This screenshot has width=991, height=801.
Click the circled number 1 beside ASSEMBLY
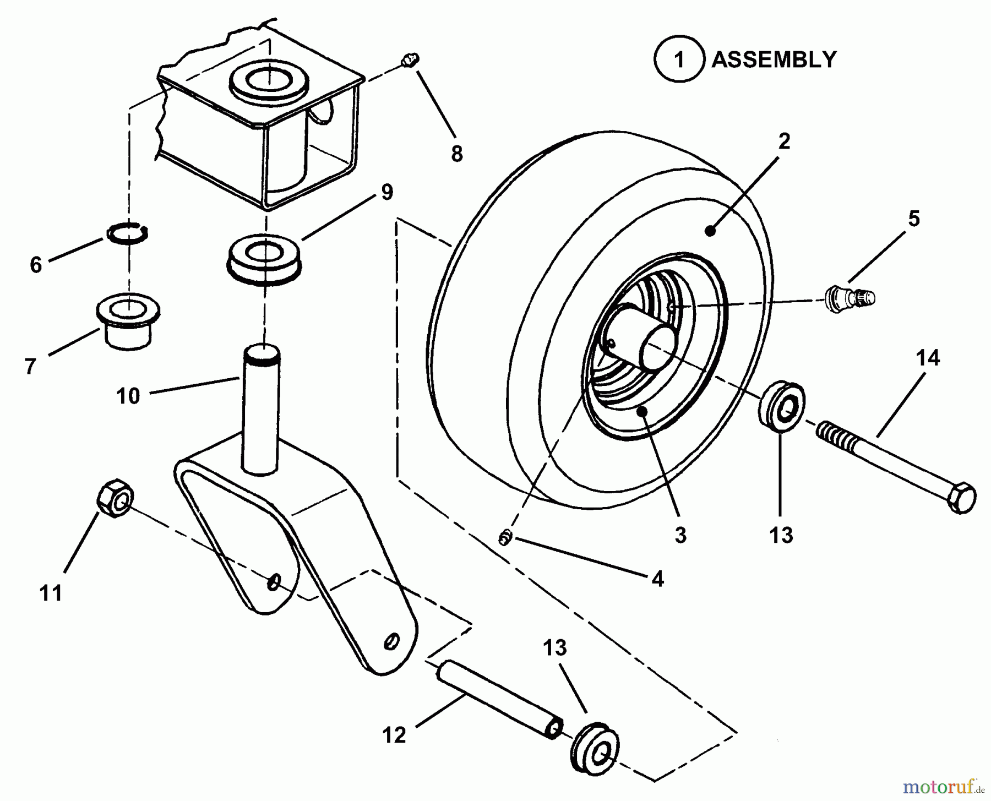pyautogui.click(x=679, y=59)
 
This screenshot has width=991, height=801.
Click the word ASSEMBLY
pyautogui.click(x=774, y=59)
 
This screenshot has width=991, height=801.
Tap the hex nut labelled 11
pyautogui.click(x=115, y=499)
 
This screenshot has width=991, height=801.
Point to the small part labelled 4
pyautogui.click(x=505, y=538)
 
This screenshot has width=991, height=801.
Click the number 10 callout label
pyautogui.click(x=128, y=395)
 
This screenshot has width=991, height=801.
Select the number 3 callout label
pyautogui.click(x=680, y=535)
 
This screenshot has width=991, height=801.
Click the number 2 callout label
pyautogui.click(x=784, y=141)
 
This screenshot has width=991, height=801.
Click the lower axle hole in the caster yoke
pyautogui.click(x=391, y=640)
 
